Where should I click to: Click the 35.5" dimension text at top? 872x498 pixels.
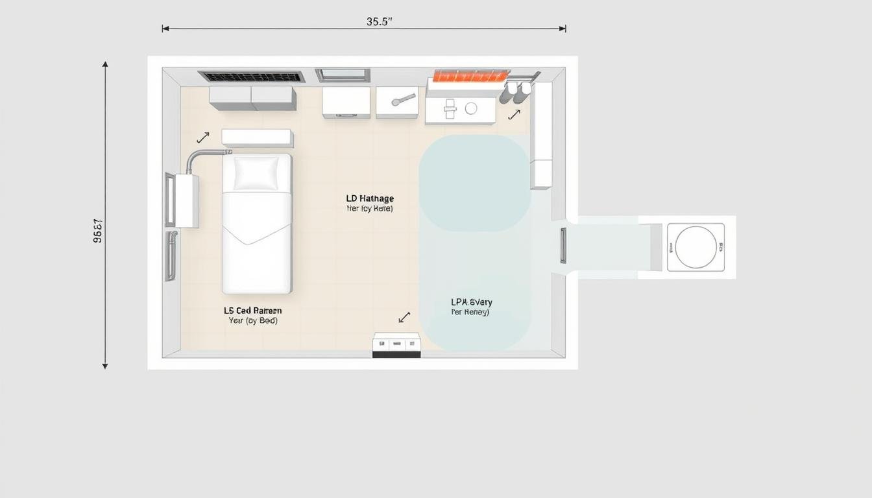(x=380, y=21)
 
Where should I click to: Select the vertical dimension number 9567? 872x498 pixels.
(x=98, y=230)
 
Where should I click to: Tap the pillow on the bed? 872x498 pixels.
(x=256, y=173)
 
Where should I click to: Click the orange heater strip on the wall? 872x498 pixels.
(x=470, y=76)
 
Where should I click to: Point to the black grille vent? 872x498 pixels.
(x=251, y=77)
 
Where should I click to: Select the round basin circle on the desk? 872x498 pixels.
(x=471, y=108)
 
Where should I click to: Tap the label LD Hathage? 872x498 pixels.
(x=370, y=198)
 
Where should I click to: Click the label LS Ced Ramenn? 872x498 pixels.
(x=252, y=311)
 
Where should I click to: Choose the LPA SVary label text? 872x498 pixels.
(x=471, y=302)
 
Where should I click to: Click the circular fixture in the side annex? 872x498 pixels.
(x=696, y=247)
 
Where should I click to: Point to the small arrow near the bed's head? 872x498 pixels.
(x=203, y=137)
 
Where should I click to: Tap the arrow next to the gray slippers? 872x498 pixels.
(x=514, y=115)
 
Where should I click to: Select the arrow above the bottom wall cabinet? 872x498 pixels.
(x=404, y=317)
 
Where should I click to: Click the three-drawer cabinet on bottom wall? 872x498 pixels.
(x=396, y=345)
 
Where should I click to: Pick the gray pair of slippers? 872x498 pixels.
(x=515, y=93)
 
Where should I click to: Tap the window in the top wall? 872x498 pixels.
(x=343, y=75)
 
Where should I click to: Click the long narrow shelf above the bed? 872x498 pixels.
(x=257, y=137)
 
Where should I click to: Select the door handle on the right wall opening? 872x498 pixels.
(x=563, y=246)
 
